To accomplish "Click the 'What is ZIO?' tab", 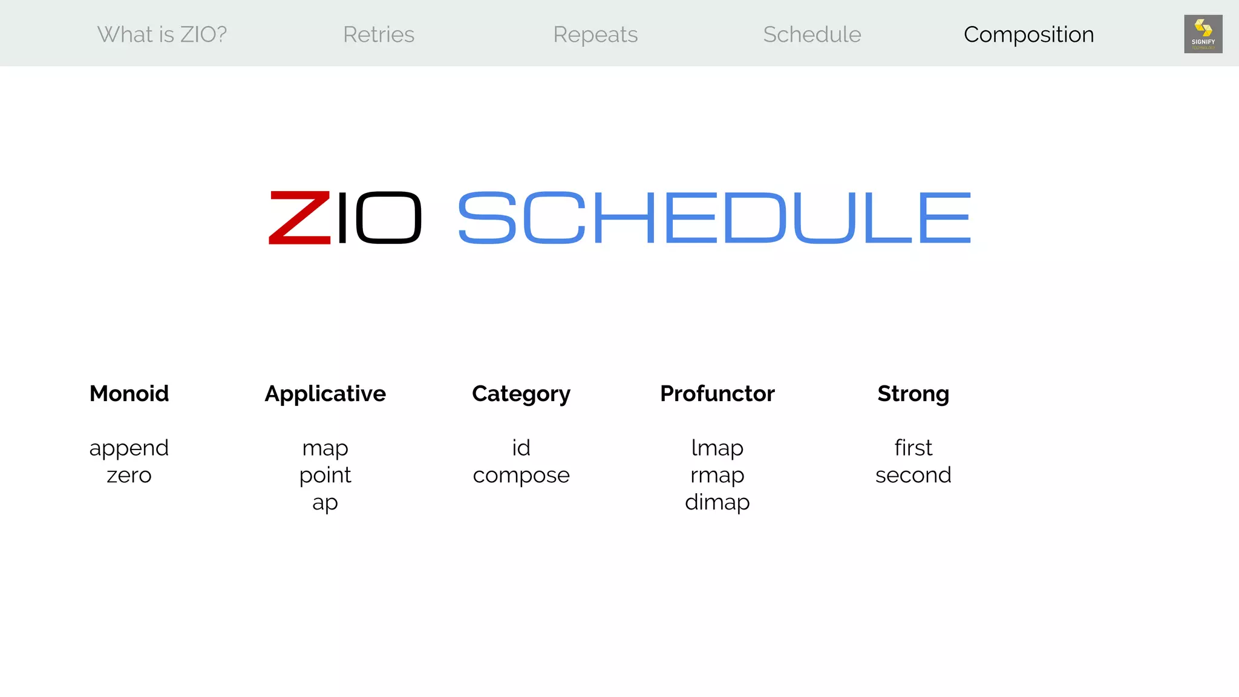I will click(162, 34).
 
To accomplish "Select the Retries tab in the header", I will click(379, 34).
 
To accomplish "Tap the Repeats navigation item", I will click(595, 34).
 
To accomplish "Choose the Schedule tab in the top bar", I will click(812, 34).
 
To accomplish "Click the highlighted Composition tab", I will click(1028, 34).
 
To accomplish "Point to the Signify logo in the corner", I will click(1203, 34).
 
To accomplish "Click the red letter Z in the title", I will click(299, 218).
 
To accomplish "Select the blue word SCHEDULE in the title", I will click(714, 218).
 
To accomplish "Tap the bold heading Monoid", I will click(129, 393).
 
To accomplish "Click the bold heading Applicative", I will click(325, 393).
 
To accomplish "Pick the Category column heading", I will click(521, 393).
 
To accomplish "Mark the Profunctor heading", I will click(717, 393).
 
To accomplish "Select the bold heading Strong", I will click(913, 393).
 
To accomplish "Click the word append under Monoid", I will click(129, 448).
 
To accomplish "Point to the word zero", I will click(129, 476).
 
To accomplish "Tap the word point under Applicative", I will click(325, 476).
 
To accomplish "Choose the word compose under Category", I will click(521, 476).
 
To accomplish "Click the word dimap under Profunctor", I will click(717, 502).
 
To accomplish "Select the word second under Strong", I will click(913, 476).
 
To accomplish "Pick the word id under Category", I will click(521, 448).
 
